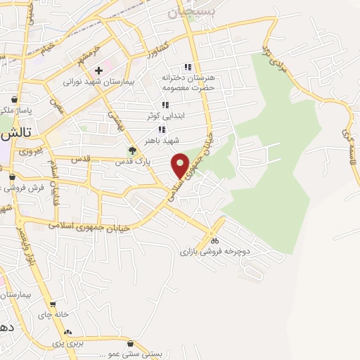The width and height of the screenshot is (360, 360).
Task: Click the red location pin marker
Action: click(x=181, y=165)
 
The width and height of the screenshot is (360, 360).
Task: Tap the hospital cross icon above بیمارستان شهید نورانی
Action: click(x=99, y=70)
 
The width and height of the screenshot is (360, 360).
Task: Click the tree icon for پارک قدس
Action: click(x=131, y=150)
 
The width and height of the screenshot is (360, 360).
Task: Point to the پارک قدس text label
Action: click(x=131, y=161)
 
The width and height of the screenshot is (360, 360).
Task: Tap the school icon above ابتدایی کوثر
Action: click(x=165, y=105)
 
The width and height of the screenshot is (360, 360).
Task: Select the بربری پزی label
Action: click(x=67, y=343)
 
